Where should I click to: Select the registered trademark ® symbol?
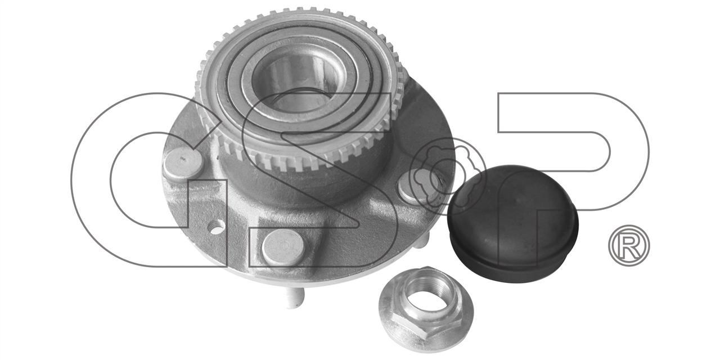pos(629,245)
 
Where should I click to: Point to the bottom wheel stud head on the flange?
pos(283,247)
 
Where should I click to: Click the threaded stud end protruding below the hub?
pos(294,298)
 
